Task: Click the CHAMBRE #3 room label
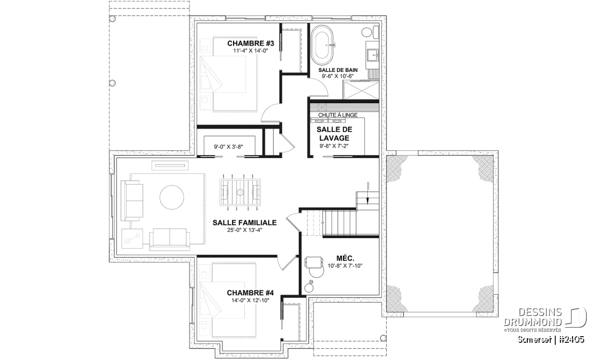click(250, 44)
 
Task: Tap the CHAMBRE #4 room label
click(250, 293)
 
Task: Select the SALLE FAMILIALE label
click(245, 223)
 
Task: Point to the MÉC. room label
click(345, 259)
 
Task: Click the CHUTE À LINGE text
click(337, 115)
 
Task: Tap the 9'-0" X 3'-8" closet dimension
click(229, 147)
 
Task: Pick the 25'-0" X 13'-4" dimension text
click(245, 230)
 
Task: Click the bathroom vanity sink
click(373, 55)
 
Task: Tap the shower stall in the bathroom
click(361, 90)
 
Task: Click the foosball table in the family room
click(240, 192)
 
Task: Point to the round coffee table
click(172, 197)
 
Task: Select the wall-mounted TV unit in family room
click(170, 165)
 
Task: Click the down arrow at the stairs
click(368, 193)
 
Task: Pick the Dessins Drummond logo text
click(533, 317)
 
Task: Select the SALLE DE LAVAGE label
click(334, 134)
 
